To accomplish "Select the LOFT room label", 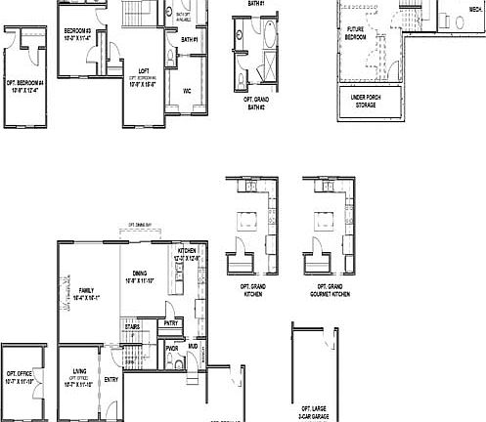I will pyautogui.click(x=143, y=70).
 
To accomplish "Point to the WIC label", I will pyautogui.click(x=186, y=90).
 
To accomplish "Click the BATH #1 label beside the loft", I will pyautogui.click(x=189, y=39).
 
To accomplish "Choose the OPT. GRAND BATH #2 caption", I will pyautogui.click(x=256, y=104).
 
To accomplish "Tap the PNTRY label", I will pyautogui.click(x=170, y=322).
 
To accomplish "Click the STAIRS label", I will pyautogui.click(x=133, y=326).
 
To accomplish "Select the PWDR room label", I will pyautogui.click(x=171, y=347).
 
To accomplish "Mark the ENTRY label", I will pyautogui.click(x=110, y=379).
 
